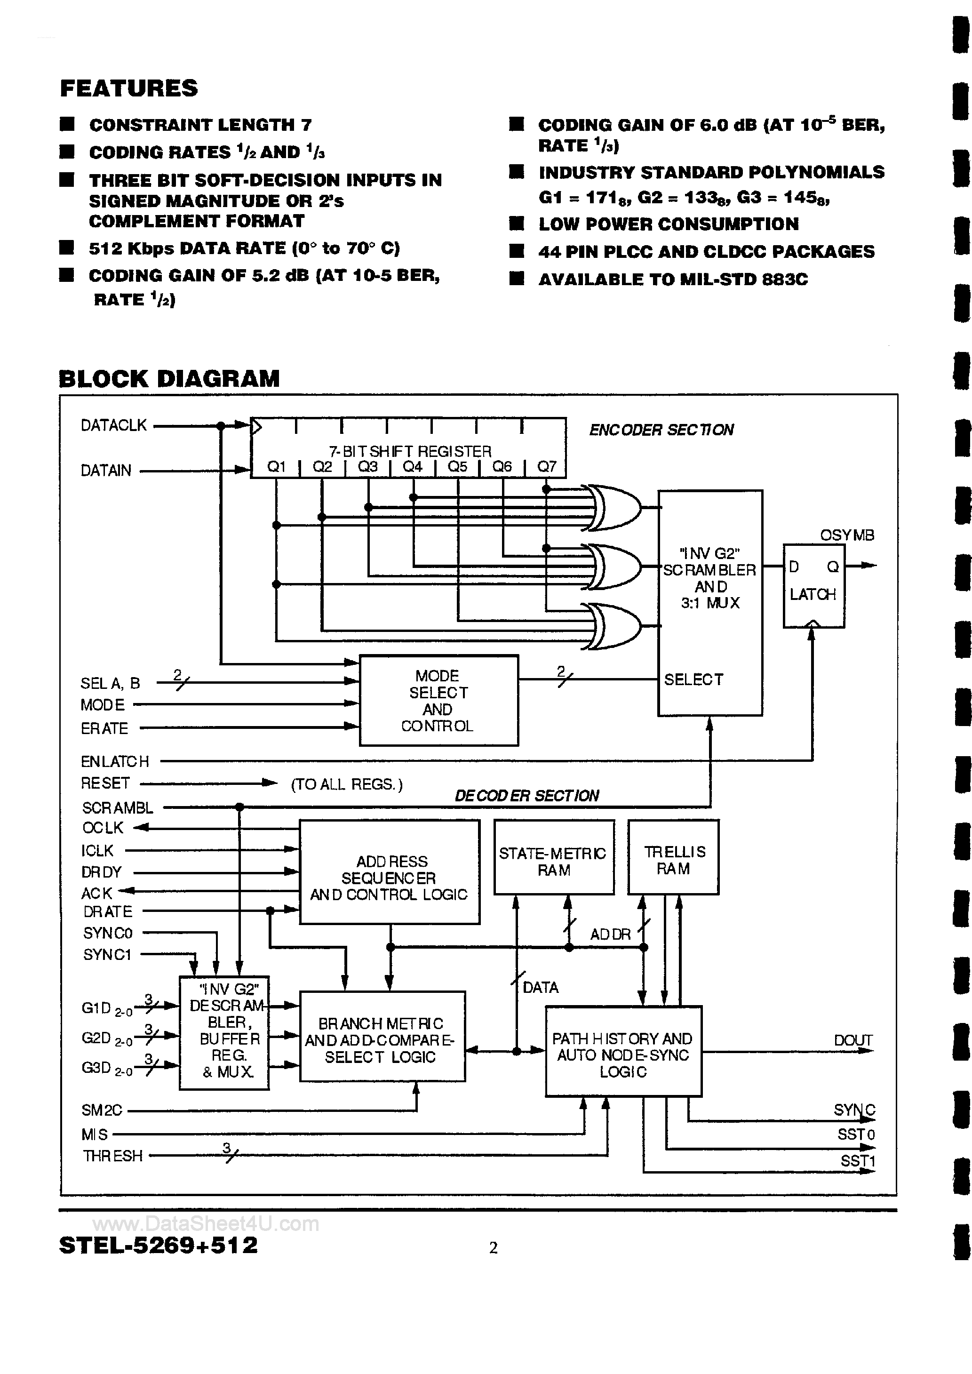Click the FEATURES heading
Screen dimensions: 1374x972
point(129,88)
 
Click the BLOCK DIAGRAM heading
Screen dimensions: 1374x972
point(169,379)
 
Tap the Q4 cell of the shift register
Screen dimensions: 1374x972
point(413,467)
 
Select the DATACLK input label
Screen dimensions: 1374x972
point(114,425)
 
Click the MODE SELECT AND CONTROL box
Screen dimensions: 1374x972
point(438,700)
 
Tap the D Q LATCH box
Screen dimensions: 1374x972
point(813,585)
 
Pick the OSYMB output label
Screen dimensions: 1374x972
point(846,535)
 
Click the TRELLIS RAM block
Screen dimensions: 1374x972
point(673,860)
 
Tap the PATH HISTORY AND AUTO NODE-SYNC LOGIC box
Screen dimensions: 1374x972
point(622,1054)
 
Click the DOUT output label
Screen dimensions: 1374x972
point(853,1041)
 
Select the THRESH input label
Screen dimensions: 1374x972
point(112,1156)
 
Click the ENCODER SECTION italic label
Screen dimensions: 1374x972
point(661,430)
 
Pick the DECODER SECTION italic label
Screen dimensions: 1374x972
point(527,795)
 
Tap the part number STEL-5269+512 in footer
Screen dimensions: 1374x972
point(159,1246)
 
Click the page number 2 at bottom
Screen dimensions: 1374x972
point(493,1248)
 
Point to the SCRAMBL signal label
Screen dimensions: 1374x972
point(117,808)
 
